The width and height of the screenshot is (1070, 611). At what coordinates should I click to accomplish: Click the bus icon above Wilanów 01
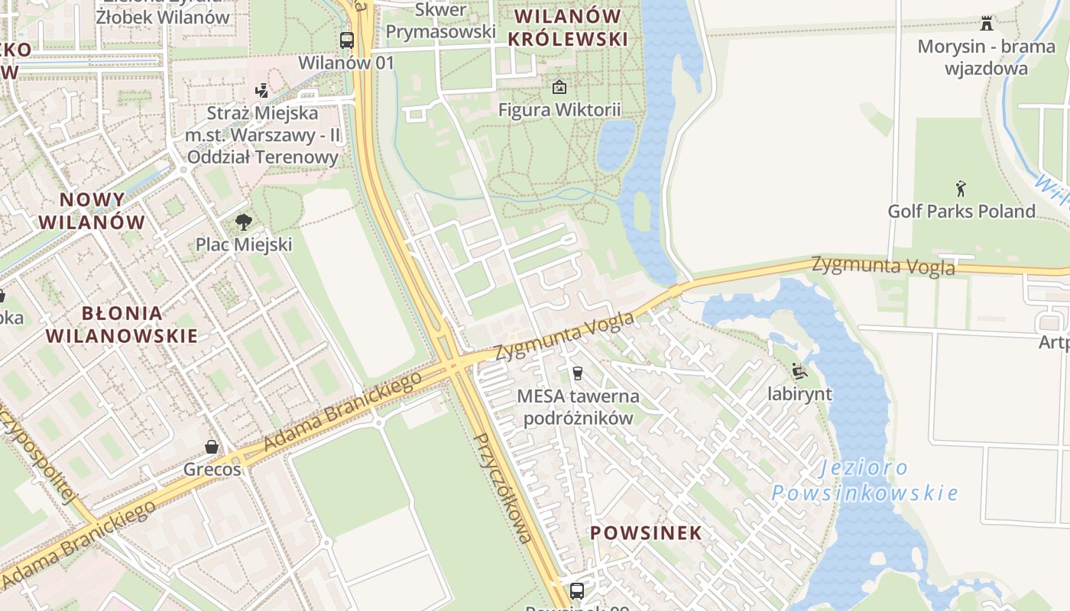347,40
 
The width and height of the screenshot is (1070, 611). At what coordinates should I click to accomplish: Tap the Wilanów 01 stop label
346,63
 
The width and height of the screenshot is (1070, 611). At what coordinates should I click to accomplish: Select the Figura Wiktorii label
559,109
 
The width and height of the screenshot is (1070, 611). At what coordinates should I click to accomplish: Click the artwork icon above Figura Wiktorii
559,87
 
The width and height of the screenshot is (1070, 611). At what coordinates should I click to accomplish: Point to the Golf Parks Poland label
961,211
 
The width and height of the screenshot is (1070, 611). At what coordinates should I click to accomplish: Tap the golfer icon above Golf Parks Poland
961,188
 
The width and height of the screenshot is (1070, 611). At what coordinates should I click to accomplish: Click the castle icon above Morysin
987,23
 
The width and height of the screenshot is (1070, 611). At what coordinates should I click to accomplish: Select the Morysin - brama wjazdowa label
986,57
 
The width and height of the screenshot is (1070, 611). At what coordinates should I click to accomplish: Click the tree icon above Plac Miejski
244,222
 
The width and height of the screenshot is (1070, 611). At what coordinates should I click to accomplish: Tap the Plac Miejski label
244,244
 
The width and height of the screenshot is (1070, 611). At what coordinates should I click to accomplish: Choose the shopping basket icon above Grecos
212,447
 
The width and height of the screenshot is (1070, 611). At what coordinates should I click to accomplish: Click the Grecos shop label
212,469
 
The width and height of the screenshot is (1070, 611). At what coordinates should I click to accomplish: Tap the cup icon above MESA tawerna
578,373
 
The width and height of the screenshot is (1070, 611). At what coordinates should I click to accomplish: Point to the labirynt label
799,394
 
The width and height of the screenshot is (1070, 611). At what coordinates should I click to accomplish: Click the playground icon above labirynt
799,372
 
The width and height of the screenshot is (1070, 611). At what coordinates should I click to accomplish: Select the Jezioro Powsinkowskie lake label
864,480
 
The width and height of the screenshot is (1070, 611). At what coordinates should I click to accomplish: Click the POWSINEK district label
646,533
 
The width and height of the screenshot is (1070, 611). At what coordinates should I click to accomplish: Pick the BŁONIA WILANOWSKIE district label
122,324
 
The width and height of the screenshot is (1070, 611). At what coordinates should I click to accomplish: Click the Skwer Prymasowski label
440,21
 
